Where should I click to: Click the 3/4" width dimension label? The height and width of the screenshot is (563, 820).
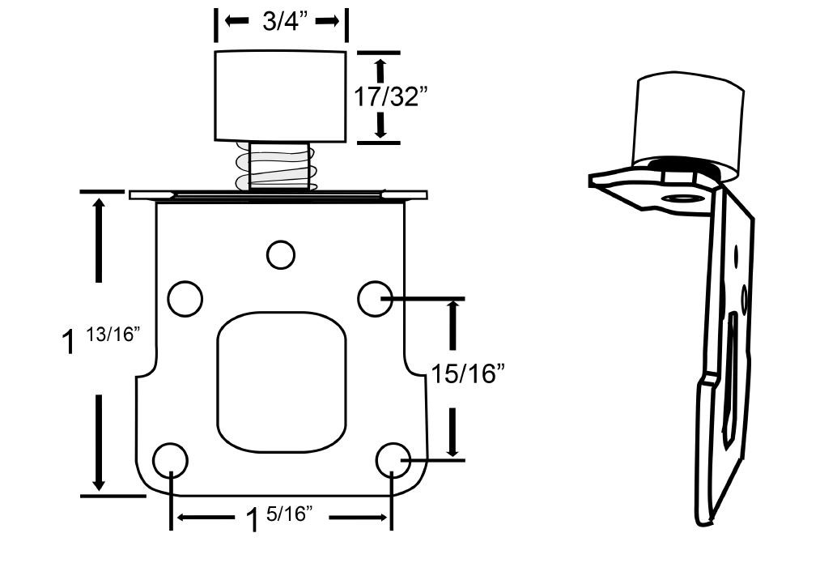(280, 22)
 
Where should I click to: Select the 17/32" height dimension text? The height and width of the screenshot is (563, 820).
(391, 97)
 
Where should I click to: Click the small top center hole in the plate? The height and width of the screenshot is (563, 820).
(280, 254)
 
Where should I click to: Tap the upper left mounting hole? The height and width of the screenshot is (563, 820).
(185, 298)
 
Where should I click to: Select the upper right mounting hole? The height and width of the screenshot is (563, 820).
(375, 298)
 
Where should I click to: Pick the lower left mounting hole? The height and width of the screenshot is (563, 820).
(170, 460)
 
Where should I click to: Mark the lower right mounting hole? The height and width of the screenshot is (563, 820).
(393, 460)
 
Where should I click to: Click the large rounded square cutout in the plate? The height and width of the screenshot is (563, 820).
(280, 381)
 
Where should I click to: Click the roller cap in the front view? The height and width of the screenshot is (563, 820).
(280, 96)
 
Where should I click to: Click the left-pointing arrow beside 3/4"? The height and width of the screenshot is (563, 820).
(236, 22)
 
